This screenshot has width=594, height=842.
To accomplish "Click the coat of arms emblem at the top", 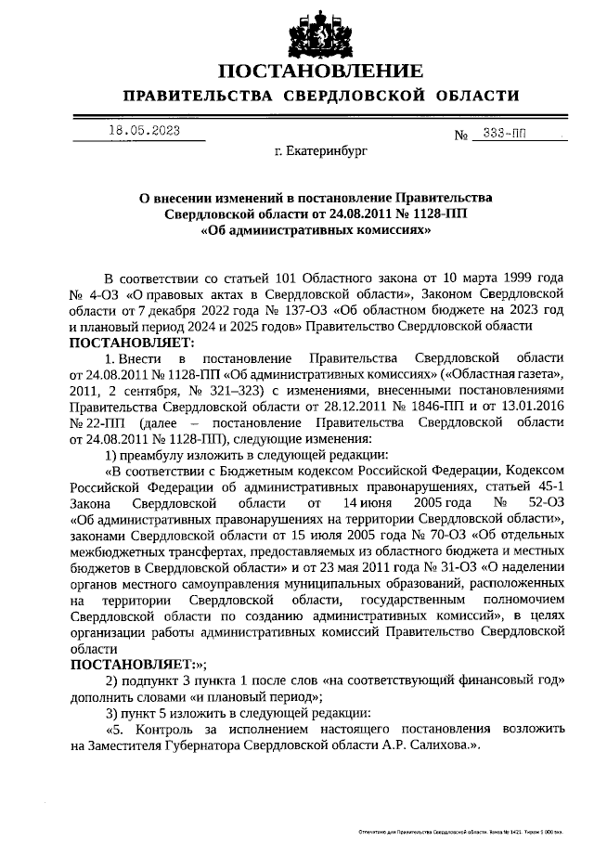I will click(297, 30).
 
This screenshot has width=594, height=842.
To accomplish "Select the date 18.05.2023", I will click(144, 131).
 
